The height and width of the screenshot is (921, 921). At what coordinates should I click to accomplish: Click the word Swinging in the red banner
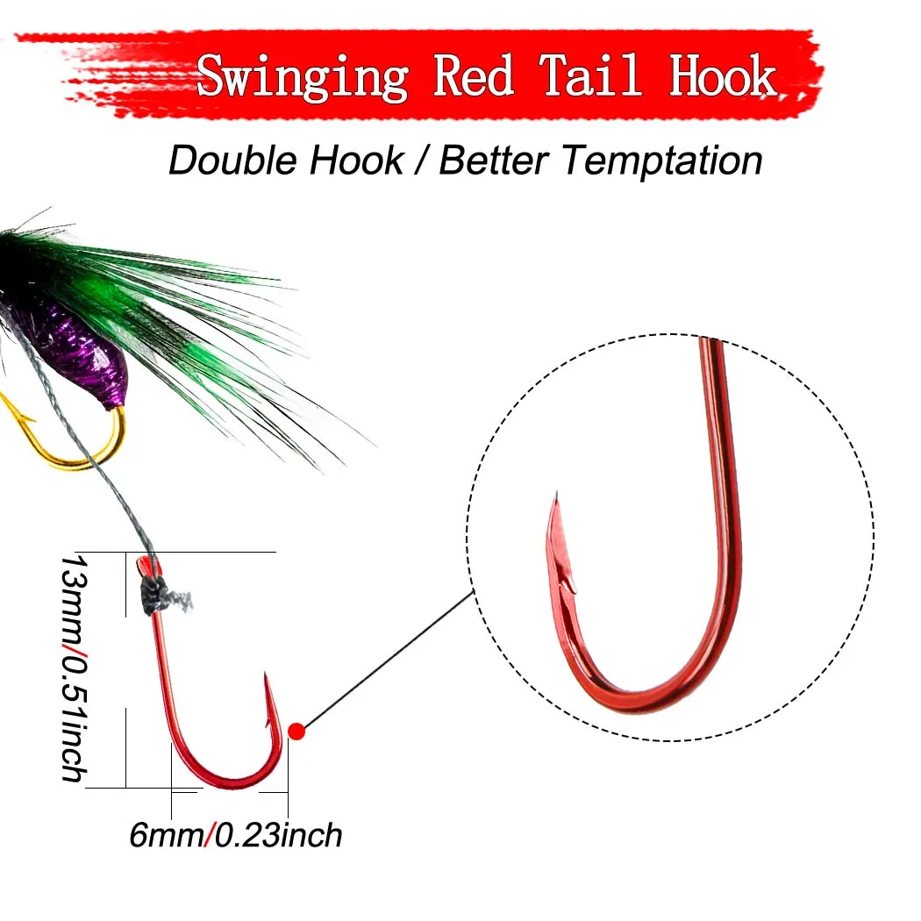pyautogui.click(x=303, y=77)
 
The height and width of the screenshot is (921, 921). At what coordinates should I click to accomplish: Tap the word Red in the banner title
pyautogui.click(x=474, y=75)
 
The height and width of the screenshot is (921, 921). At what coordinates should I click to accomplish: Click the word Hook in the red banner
pyautogui.click(x=723, y=75)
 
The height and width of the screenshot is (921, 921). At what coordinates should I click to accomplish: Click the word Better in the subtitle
pyautogui.click(x=494, y=161)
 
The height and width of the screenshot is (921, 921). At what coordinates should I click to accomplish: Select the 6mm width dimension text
pyautogui.click(x=167, y=835)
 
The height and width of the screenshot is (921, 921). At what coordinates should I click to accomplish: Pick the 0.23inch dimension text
pyautogui.click(x=278, y=835)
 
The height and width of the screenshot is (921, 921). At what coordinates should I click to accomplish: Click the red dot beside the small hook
pyautogui.click(x=296, y=732)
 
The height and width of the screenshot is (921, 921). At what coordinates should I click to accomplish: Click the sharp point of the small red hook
pyautogui.click(x=266, y=675)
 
